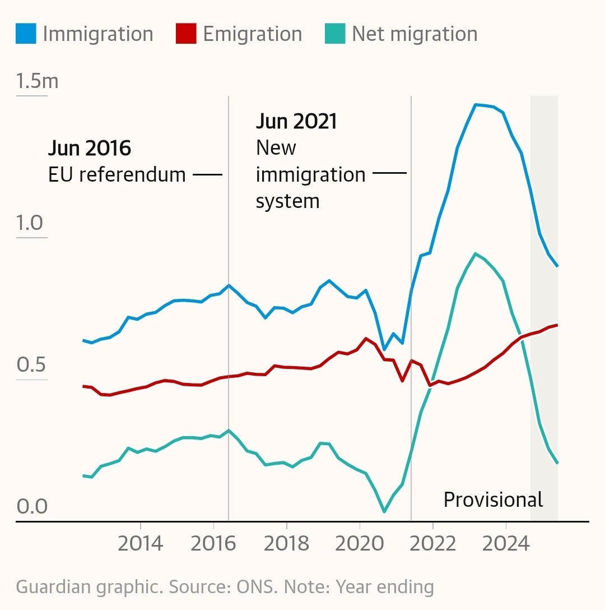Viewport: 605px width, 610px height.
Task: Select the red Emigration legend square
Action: pyautogui.click(x=187, y=34)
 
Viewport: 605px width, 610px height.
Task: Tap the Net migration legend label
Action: pyautogui.click(x=415, y=34)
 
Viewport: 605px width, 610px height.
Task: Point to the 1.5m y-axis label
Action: pyautogui.click(x=37, y=82)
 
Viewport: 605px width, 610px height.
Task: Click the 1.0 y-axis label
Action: pyautogui.click(x=30, y=223)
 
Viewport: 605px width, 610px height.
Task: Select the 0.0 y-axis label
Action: pyautogui.click(x=32, y=507)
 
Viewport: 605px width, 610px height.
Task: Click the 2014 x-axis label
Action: pyautogui.click(x=140, y=543)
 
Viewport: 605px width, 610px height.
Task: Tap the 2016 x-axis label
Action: pyautogui.click(x=213, y=543)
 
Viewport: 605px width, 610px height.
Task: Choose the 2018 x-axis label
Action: pyautogui.click(x=286, y=543)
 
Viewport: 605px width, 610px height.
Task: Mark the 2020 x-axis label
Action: pyautogui.click(x=360, y=543)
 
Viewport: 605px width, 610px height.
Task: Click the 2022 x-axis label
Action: pyautogui.click(x=432, y=543)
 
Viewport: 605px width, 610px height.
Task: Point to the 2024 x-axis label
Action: pyautogui.click(x=506, y=543)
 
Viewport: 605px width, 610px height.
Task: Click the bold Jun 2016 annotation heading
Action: pyautogui.click(x=90, y=149)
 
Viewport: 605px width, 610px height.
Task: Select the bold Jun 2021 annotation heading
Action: pyautogui.click(x=296, y=121)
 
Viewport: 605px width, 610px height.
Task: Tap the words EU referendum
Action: pyautogui.click(x=117, y=175)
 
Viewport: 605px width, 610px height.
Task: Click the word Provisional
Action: pyautogui.click(x=493, y=500)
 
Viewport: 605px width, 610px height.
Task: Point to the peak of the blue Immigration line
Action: pyautogui.click(x=475, y=104)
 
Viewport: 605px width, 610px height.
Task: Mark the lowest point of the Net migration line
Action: pyautogui.click(x=384, y=511)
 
